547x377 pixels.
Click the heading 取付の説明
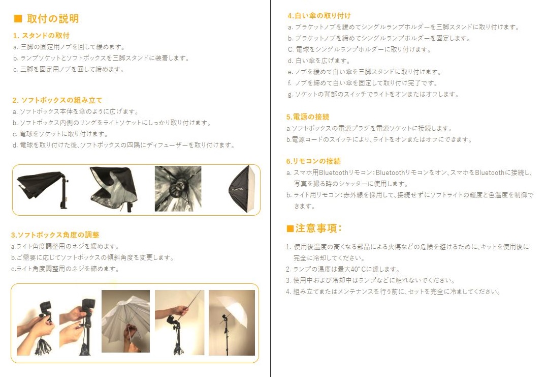point(53,19)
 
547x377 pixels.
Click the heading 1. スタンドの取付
point(41,36)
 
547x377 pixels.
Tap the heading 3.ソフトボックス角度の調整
point(55,235)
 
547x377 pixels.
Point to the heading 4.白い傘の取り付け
point(319,16)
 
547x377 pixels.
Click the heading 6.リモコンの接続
point(313,161)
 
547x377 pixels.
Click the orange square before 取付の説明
point(18,19)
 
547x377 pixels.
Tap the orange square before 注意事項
point(290,229)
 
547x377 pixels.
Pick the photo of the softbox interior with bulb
point(178,188)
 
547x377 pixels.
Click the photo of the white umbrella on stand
point(232,323)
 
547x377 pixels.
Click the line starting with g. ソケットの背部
point(373,94)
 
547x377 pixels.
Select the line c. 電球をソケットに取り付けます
point(60,134)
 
